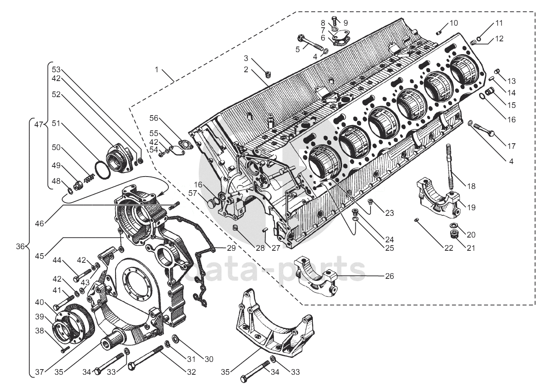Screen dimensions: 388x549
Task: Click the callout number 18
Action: pyautogui.click(x=472, y=186)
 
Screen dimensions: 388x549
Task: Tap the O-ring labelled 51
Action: pyautogui.click(x=103, y=169)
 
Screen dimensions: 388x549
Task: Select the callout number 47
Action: pyautogui.click(x=38, y=125)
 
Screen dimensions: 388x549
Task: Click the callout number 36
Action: pyautogui.click(x=20, y=246)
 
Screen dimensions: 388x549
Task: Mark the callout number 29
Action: pyautogui.click(x=231, y=248)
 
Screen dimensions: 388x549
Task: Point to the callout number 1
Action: pyautogui.click(x=157, y=69)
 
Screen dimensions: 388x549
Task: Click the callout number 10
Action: pyautogui.click(x=454, y=23)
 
